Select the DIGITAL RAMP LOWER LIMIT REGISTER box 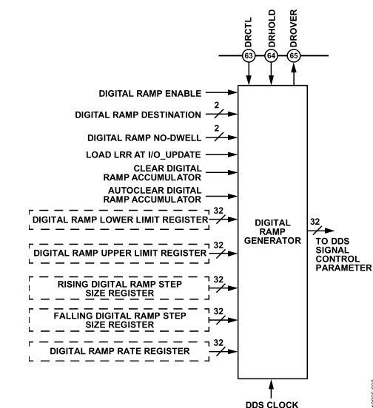pyautogui.click(x=122, y=221)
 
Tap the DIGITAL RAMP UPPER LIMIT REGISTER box pyautogui.click(x=122, y=254)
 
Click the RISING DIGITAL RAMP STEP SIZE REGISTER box pyautogui.click(x=122, y=288)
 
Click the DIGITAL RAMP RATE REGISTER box pyautogui.click(x=122, y=350)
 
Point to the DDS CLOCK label pyautogui.click(x=273, y=403)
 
